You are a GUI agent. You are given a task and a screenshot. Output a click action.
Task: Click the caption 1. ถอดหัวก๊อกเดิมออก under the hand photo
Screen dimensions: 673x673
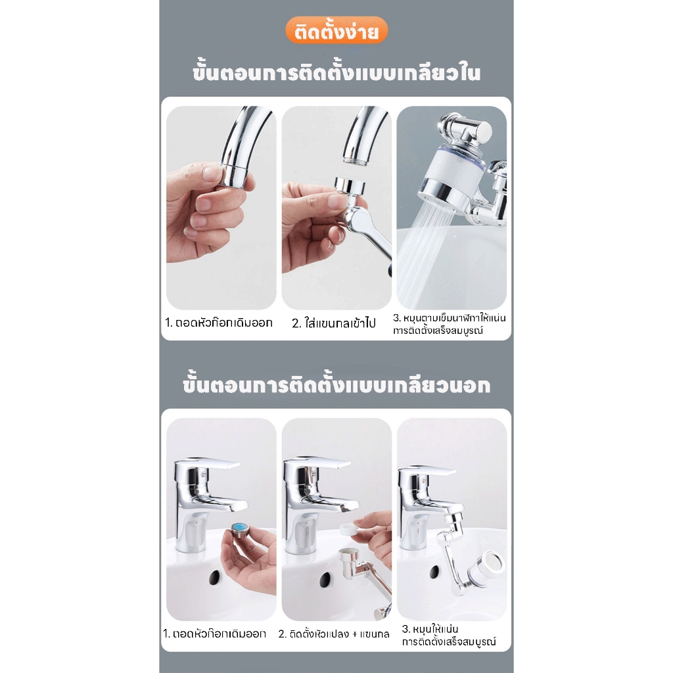(218, 323)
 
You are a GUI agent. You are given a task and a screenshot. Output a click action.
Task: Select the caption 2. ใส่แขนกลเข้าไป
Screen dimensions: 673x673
(334, 323)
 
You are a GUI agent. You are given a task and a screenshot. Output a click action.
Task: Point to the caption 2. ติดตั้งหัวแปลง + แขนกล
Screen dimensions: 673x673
(334, 634)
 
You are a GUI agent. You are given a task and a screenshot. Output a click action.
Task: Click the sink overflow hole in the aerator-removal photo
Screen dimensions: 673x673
(215, 578)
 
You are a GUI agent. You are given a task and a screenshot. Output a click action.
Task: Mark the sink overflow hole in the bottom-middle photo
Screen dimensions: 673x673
(324, 579)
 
